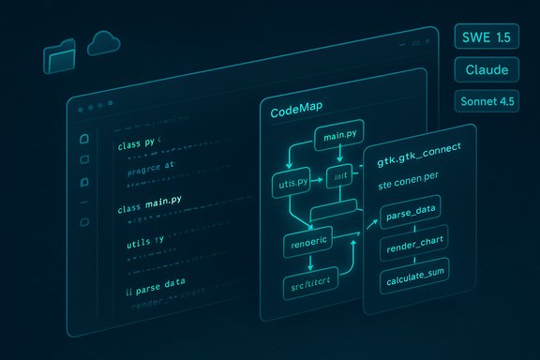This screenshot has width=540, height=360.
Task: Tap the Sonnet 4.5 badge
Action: pyautogui.click(x=487, y=101)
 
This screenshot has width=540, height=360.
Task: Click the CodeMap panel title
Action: pyautogui.click(x=297, y=112)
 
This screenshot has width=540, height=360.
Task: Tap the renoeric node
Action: pyautogui.click(x=308, y=246)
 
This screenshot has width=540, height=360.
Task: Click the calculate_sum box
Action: pyautogui.click(x=413, y=280)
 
